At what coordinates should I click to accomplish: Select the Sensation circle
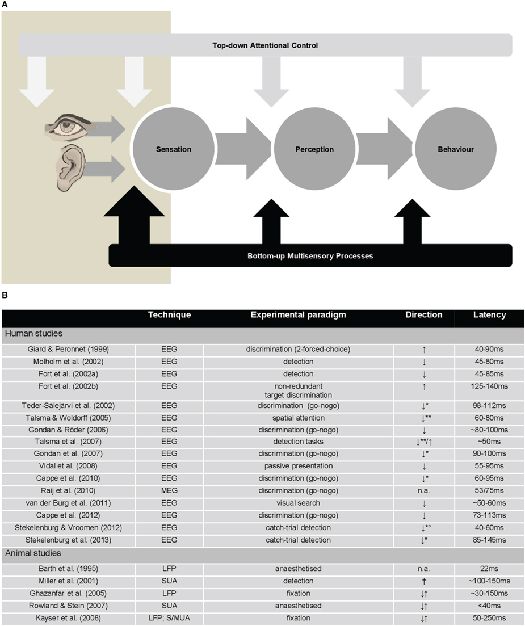click(x=174, y=149)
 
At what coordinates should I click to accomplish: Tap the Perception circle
click(x=314, y=149)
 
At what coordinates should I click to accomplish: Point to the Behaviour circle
click(x=455, y=149)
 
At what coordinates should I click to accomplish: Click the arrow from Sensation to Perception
click(x=243, y=149)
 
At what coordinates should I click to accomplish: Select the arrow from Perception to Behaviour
click(x=384, y=149)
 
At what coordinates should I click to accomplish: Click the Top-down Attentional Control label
click(x=266, y=45)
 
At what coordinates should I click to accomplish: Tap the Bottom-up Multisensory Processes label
click(x=310, y=255)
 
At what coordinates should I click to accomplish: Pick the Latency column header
click(x=489, y=314)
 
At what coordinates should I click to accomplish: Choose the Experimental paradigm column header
click(x=299, y=314)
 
